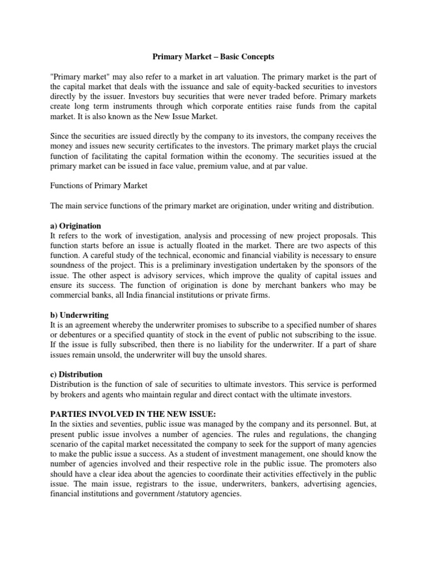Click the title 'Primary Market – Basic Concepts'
coord(213,57)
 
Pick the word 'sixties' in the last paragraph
coord(83,424)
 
